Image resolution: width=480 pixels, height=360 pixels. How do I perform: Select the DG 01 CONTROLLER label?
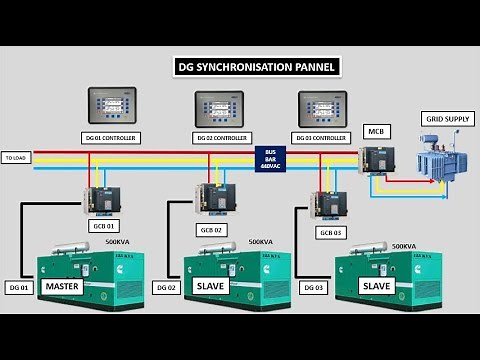click(112, 137)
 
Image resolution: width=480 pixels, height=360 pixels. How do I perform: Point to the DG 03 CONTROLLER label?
click(323, 137)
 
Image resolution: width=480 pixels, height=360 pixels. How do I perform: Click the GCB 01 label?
click(105, 225)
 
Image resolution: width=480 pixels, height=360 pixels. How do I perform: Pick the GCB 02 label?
click(211, 230)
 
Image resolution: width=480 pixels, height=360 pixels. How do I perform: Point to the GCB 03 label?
click(330, 232)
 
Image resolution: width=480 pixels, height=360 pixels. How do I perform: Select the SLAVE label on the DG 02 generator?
click(213, 286)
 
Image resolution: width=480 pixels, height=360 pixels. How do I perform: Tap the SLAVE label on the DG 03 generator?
click(377, 286)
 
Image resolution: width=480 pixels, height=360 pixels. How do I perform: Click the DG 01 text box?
click(20, 288)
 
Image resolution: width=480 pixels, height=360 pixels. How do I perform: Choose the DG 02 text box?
click(166, 288)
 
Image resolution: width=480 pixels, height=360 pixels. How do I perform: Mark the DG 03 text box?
click(313, 288)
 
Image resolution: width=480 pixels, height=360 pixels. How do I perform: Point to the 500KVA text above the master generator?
click(117, 241)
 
